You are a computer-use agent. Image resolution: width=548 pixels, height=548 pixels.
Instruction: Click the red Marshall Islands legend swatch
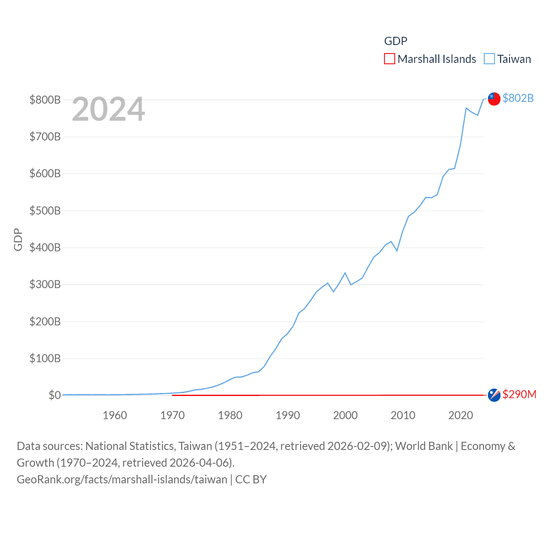click(389, 59)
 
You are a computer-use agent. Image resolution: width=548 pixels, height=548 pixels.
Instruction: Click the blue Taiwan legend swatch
click(489, 59)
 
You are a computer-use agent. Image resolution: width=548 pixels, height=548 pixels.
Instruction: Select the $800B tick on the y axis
click(45, 100)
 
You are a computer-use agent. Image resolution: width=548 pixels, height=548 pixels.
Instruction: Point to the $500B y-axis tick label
click(45, 211)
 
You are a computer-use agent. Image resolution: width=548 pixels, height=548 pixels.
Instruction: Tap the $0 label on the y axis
click(54, 395)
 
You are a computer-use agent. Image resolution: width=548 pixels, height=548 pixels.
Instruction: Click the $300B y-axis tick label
click(45, 284)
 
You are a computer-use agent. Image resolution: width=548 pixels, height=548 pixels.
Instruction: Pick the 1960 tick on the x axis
click(115, 415)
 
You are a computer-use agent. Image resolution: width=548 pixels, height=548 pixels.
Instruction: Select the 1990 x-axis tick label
click(288, 415)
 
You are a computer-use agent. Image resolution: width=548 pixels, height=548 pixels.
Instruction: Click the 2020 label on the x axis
click(461, 415)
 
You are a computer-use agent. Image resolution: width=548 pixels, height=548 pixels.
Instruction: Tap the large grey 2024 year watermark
click(108, 109)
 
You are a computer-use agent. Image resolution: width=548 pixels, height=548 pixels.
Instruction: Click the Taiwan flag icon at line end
click(494, 98)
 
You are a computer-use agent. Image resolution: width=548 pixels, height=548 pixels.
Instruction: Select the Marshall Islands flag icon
click(494, 395)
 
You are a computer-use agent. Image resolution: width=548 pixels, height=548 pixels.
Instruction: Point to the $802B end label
click(518, 98)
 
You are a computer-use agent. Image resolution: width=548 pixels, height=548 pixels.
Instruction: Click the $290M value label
click(519, 394)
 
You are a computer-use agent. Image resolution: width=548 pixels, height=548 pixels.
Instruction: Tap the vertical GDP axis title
click(18, 240)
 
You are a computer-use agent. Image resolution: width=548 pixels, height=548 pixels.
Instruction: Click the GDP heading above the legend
click(396, 41)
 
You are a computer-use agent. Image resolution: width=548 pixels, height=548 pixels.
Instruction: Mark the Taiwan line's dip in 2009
click(397, 250)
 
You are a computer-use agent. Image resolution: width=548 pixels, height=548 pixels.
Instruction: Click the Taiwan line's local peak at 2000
click(345, 273)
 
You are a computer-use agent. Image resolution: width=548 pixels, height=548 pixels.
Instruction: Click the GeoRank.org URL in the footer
click(122, 479)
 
